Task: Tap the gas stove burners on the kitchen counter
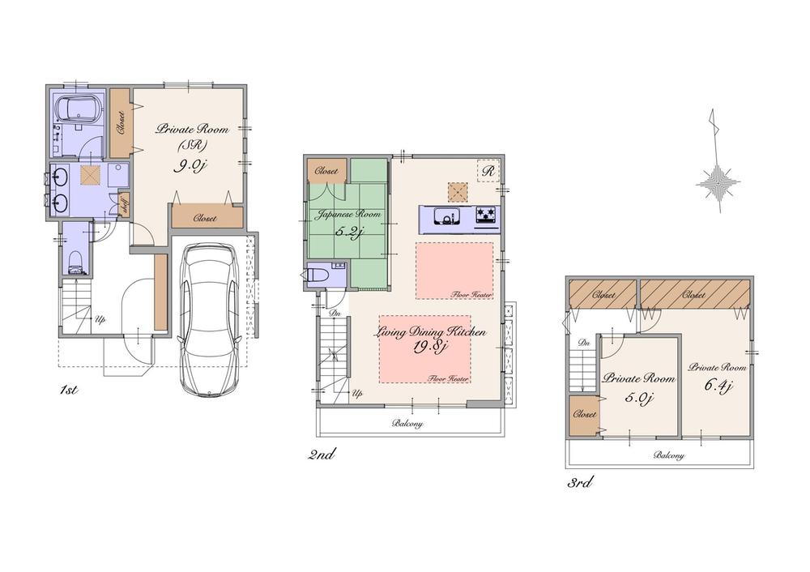tap(487, 216)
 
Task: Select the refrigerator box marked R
tap(488, 171)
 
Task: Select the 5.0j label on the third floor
tap(638, 397)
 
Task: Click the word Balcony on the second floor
tap(407, 423)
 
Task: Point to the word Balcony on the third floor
tap(668, 455)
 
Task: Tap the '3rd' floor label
tap(579, 484)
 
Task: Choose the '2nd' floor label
tap(321, 455)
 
